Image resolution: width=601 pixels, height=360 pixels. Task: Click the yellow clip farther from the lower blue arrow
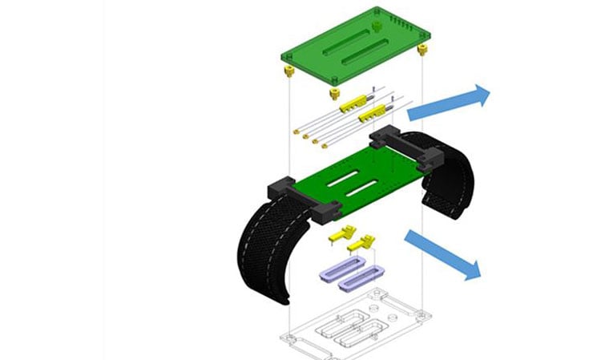341,235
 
